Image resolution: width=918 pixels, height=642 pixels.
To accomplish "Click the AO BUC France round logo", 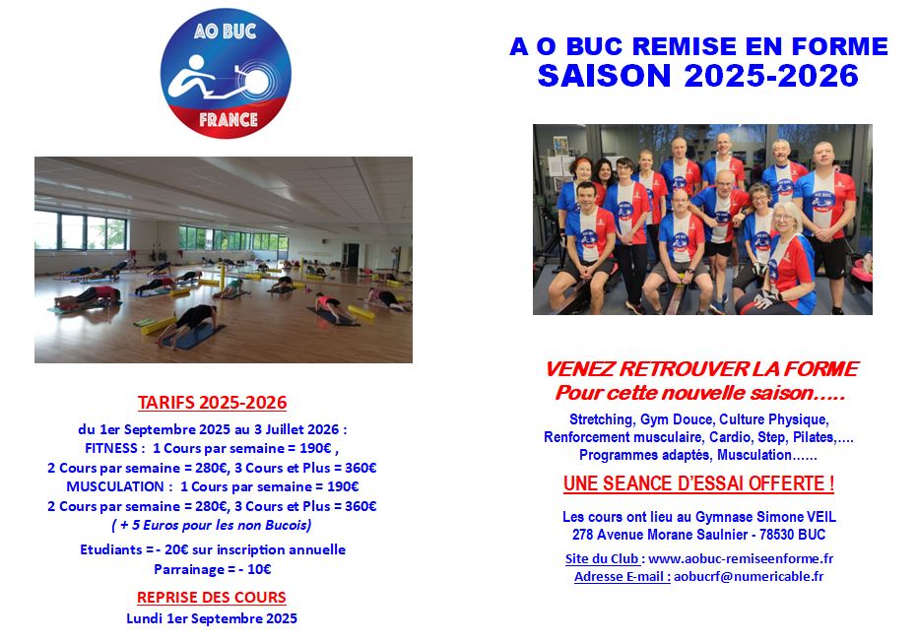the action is [226, 74].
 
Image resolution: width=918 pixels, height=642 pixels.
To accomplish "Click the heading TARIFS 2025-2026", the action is [212, 403].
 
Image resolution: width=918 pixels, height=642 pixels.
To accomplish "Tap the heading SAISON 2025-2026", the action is [698, 76].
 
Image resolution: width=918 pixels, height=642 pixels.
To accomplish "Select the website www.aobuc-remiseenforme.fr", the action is [741, 559].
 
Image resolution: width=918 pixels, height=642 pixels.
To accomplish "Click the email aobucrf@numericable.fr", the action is [749, 576].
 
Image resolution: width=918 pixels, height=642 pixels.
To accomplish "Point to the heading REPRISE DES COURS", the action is [212, 597].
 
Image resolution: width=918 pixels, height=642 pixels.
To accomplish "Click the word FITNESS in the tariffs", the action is [111, 448].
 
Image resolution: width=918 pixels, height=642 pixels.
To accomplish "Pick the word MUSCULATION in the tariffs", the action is [114, 486].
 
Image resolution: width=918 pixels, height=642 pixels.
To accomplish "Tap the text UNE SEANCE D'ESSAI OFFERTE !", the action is [698, 484].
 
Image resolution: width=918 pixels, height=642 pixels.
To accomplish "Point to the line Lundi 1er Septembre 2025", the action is [212, 618].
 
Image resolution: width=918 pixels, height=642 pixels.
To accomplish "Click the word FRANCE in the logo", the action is [229, 120].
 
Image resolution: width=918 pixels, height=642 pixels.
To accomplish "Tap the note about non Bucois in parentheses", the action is [212, 525].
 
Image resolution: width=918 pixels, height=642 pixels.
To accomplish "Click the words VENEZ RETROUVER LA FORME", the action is [701, 368].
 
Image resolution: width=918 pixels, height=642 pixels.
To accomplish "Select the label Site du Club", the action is [602, 559].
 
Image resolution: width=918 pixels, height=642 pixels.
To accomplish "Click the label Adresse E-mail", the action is [622, 576].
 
